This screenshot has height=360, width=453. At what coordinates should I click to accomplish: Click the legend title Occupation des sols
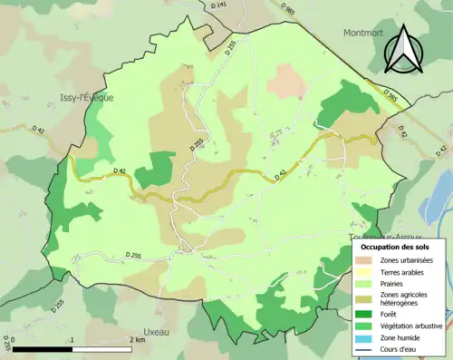coord(397,246)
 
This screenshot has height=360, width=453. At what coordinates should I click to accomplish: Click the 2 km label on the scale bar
coord(136,340)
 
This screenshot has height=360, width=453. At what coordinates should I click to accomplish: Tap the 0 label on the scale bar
coord(13,340)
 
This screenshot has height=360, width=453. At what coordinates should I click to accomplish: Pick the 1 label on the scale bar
coord(72,340)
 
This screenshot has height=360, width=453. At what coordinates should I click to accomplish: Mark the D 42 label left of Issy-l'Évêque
coord(39,130)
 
